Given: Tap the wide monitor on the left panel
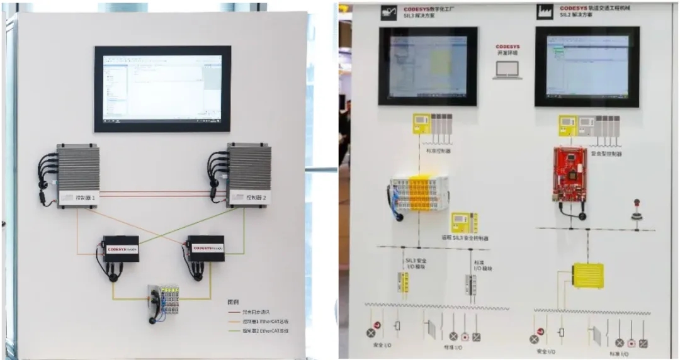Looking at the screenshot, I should [162, 89].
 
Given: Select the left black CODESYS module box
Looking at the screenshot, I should [120, 249].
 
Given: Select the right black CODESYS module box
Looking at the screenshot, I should [206, 248].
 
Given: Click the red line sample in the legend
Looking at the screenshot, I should [235, 311].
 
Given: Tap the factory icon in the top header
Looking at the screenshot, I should [542, 12].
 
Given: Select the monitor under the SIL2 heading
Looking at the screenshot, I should [587, 66].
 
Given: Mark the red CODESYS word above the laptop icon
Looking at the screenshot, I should [507, 47].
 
